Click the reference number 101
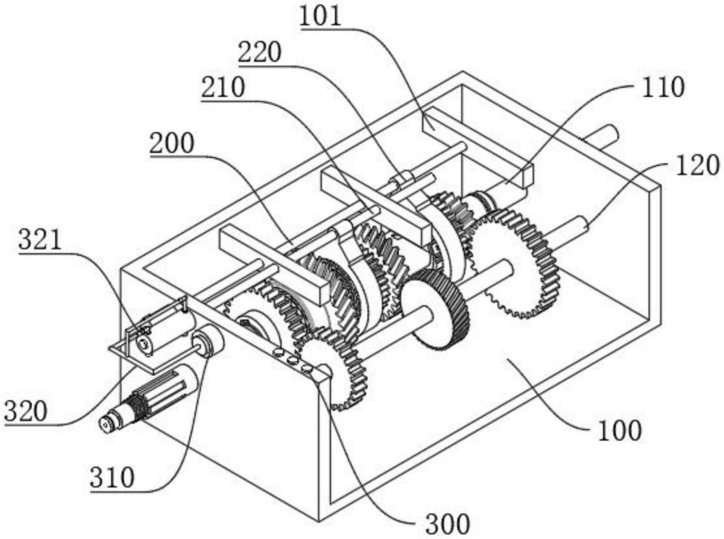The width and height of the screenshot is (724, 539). point(321,15)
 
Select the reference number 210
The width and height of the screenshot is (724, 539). point(222,87)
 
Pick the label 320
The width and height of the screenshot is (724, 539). point(25,411)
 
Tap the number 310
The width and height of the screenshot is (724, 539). point(112,477)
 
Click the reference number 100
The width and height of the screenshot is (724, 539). point(620,430)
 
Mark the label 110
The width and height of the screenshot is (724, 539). point(662,87)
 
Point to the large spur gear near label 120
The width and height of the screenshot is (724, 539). point(513,263)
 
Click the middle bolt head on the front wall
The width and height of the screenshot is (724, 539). point(292,360)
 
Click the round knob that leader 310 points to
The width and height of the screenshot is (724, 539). point(208,341)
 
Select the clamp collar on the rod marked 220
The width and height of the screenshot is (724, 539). point(403,180)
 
